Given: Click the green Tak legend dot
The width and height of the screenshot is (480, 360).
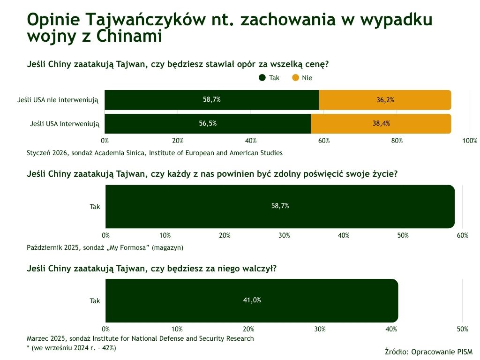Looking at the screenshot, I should [x=262, y=78].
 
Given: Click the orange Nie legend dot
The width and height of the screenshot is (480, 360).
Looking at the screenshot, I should [x=295, y=78].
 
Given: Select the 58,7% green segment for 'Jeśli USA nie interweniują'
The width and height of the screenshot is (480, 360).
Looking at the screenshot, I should [x=211, y=100].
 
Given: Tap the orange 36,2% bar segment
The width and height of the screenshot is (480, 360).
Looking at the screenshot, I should [x=385, y=100].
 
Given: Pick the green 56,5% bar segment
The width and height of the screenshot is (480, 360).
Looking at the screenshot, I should [x=208, y=124].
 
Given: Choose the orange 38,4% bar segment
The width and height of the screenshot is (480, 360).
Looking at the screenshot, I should [x=381, y=124].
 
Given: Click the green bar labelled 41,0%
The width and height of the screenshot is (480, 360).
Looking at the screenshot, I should [x=252, y=300].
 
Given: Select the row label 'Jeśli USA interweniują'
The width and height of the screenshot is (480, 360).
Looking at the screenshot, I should [x=65, y=124].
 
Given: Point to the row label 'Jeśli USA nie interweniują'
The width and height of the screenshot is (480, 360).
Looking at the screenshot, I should [x=58, y=100].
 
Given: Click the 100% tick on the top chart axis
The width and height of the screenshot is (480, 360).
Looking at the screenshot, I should [x=470, y=141].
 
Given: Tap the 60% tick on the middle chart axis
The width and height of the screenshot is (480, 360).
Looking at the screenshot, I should [x=462, y=235].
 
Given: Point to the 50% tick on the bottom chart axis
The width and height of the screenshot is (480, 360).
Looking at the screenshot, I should [x=462, y=329].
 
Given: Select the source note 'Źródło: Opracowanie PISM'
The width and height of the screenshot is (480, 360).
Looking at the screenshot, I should [x=428, y=352].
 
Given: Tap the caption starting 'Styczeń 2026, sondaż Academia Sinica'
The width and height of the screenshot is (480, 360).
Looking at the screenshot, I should [x=155, y=153].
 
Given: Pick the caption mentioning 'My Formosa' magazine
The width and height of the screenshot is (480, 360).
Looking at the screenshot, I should [x=105, y=247].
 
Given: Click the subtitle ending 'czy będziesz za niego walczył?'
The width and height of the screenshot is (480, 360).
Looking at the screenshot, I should [x=152, y=269].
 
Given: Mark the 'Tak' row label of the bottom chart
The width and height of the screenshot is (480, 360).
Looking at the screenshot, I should [x=95, y=301].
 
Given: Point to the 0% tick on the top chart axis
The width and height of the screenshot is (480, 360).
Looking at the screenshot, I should [x=105, y=141].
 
